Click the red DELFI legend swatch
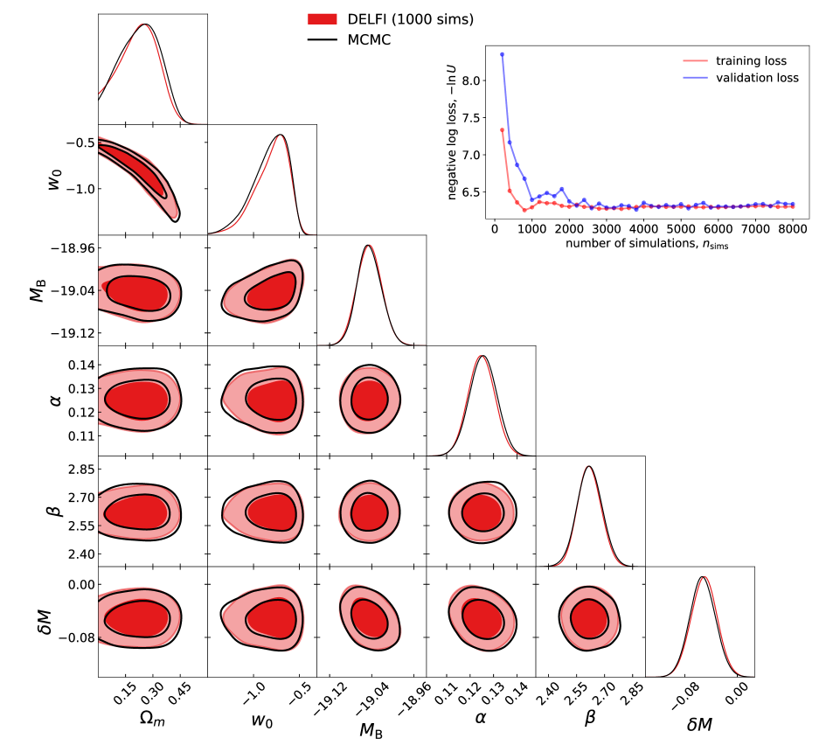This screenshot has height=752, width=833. [327, 18]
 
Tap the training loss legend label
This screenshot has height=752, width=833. [751, 61]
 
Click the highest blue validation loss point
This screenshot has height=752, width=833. [502, 54]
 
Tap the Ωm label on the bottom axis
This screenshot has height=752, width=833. [152, 723]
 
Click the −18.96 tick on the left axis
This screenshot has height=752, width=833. [71, 248]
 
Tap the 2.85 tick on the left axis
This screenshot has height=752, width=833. [76, 470]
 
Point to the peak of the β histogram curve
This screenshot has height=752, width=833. [589, 466]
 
